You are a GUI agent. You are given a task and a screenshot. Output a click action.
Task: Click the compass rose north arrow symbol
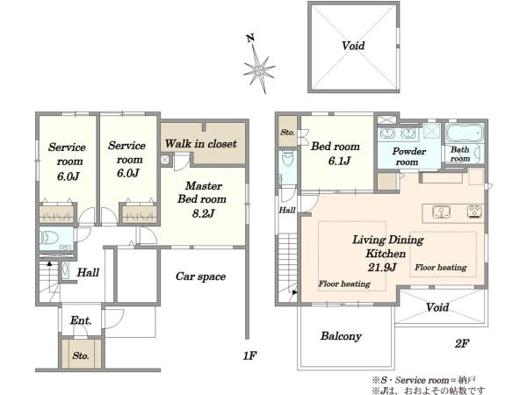259,65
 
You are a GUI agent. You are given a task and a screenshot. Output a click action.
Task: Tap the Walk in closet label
200,144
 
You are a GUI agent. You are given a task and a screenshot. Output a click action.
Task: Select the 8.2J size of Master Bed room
203,213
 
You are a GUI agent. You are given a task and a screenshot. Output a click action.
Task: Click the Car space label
200,276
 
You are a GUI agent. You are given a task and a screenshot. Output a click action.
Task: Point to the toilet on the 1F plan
49,238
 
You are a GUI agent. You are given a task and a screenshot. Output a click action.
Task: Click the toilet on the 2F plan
288,158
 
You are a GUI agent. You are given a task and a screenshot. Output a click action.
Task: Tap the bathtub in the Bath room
465,133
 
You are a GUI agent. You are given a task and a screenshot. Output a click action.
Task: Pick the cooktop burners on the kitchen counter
474,212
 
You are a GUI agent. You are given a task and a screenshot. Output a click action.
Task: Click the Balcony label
341,336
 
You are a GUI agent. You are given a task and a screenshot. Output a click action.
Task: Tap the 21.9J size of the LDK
382,268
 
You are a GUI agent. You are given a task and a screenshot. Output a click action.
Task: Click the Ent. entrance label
81,320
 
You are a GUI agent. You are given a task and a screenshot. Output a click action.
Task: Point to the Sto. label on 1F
81,355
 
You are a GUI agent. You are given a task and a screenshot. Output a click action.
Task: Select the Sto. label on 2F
287,133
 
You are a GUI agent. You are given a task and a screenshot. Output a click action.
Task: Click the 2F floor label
462,343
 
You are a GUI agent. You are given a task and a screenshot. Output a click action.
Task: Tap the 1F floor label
249,355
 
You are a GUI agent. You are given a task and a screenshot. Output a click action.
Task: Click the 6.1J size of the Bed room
339,162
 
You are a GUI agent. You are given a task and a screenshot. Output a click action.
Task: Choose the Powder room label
408,156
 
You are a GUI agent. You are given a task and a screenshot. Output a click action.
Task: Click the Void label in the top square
353,46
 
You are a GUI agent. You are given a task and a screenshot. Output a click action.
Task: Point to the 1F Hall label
88,272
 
